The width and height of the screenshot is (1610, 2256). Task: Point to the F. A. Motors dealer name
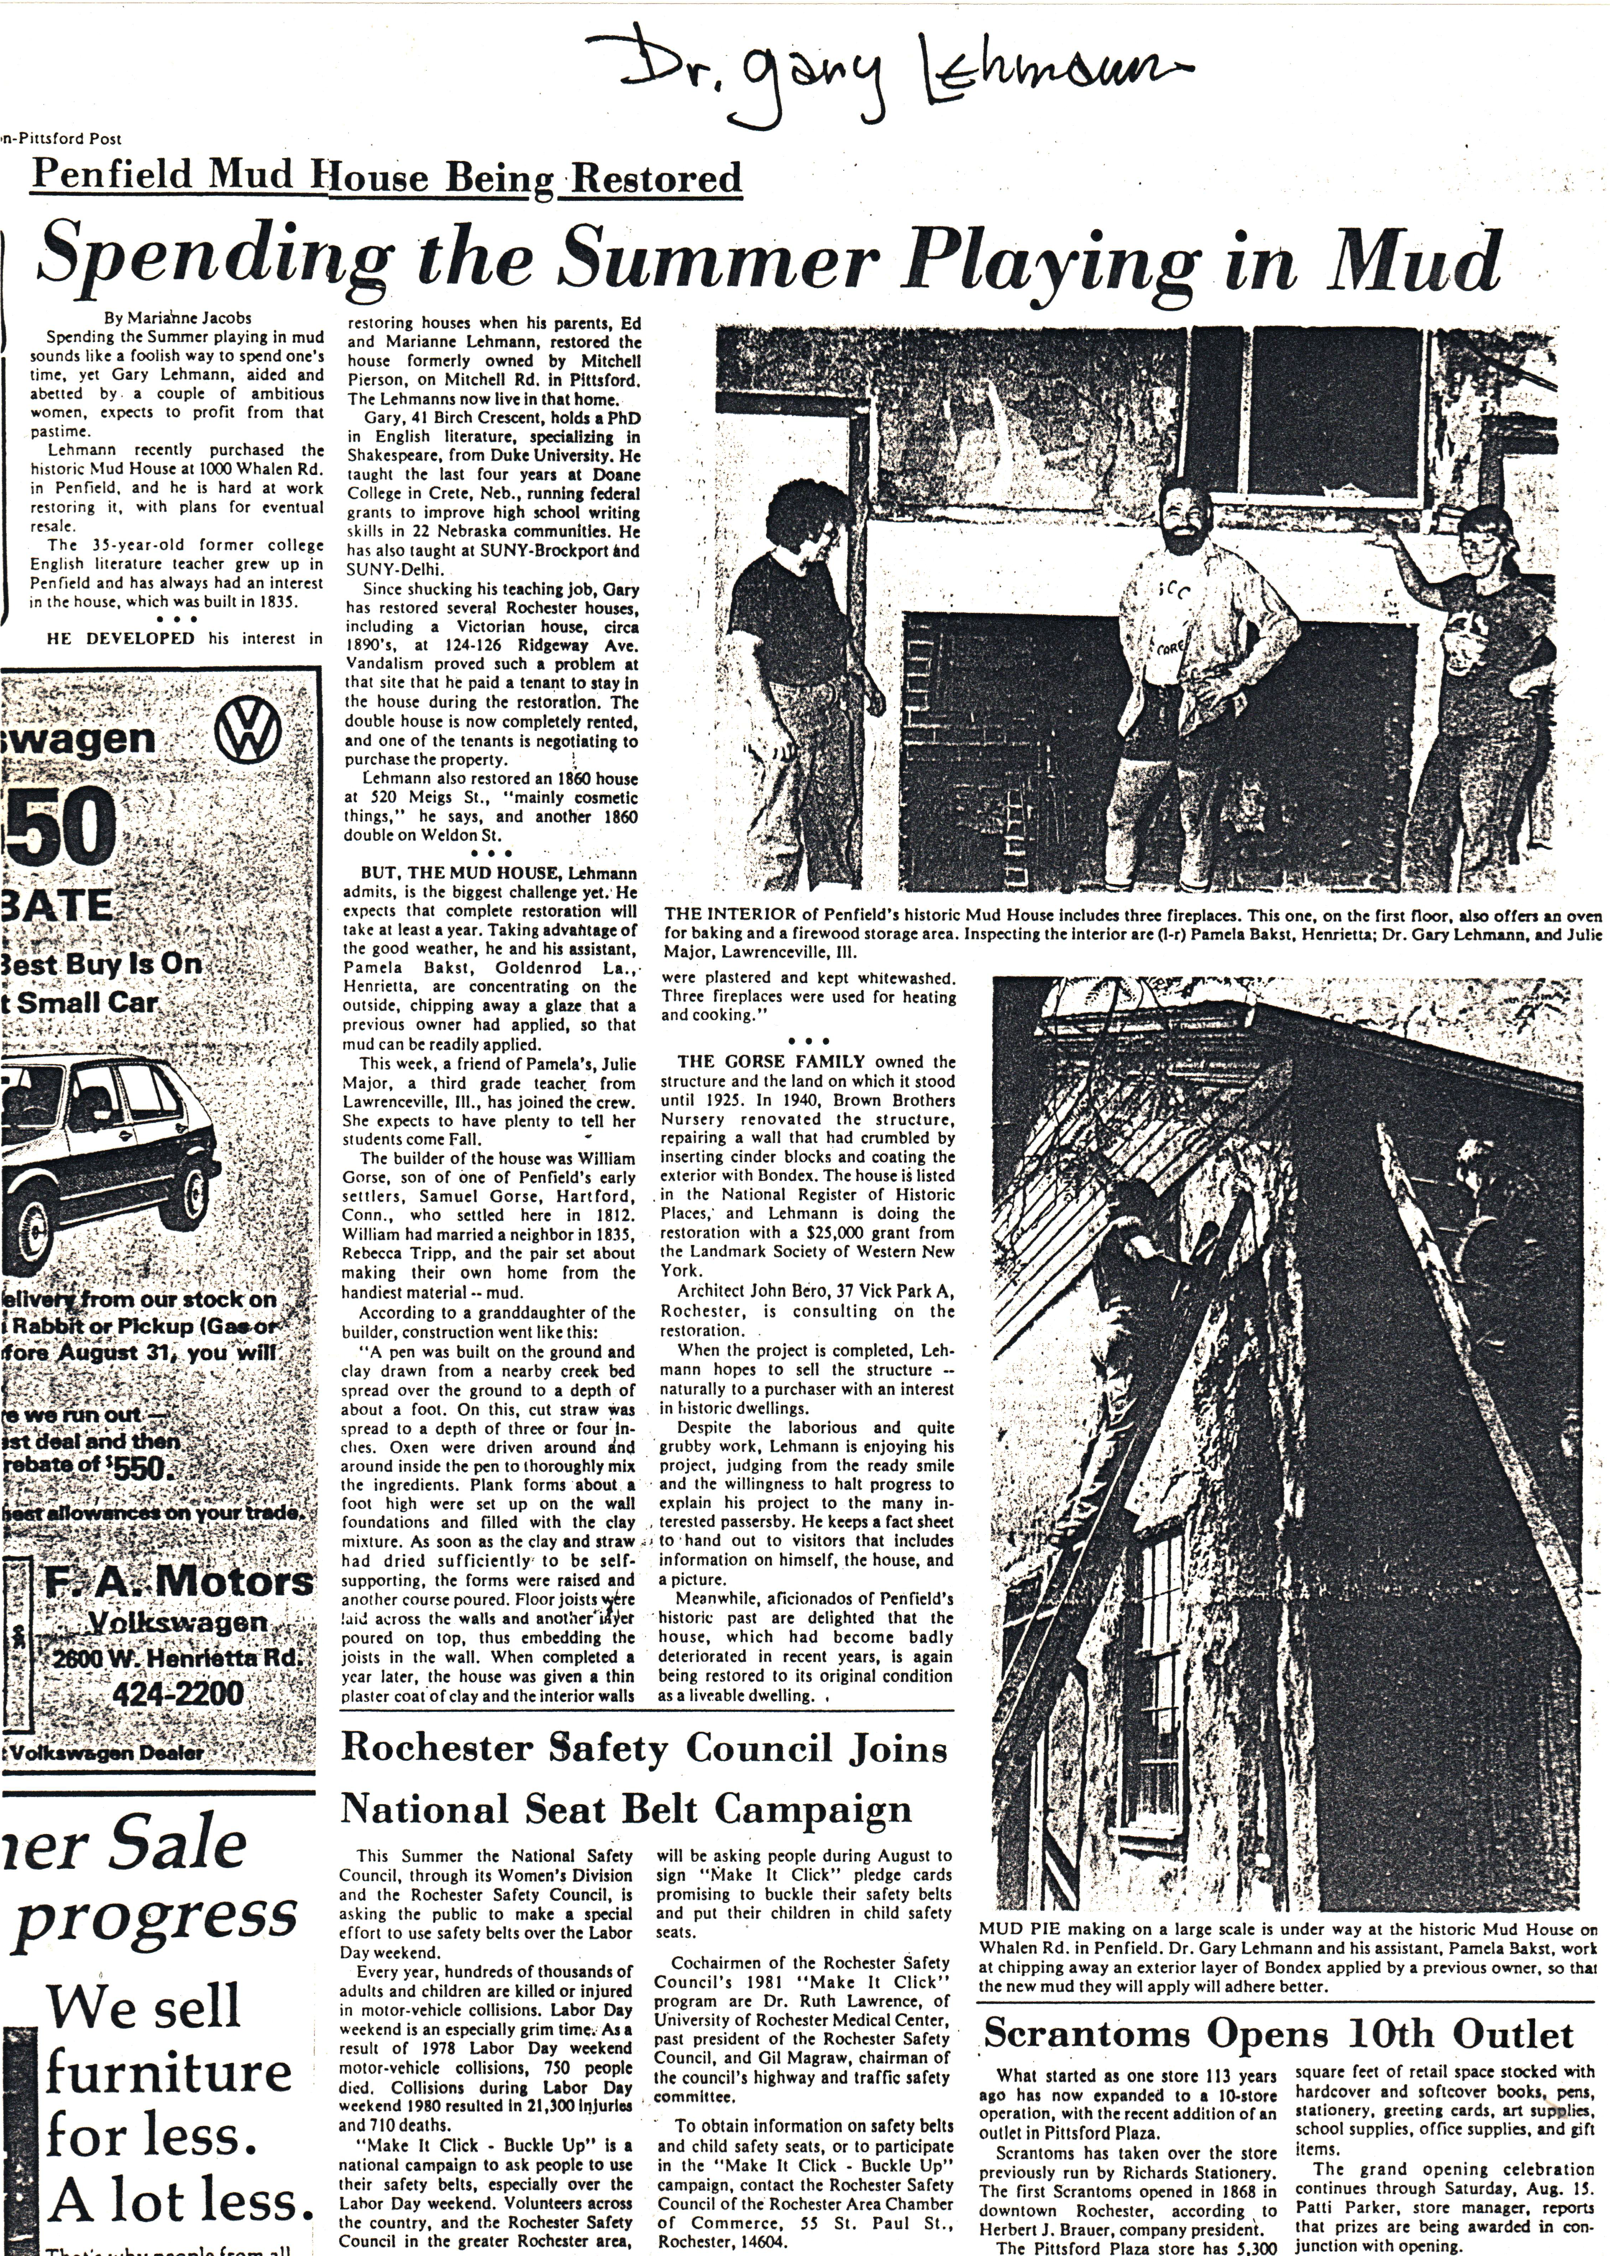178,1582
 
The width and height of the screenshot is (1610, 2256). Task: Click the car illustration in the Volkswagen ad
109,1155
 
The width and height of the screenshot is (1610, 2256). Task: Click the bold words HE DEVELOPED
121,638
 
